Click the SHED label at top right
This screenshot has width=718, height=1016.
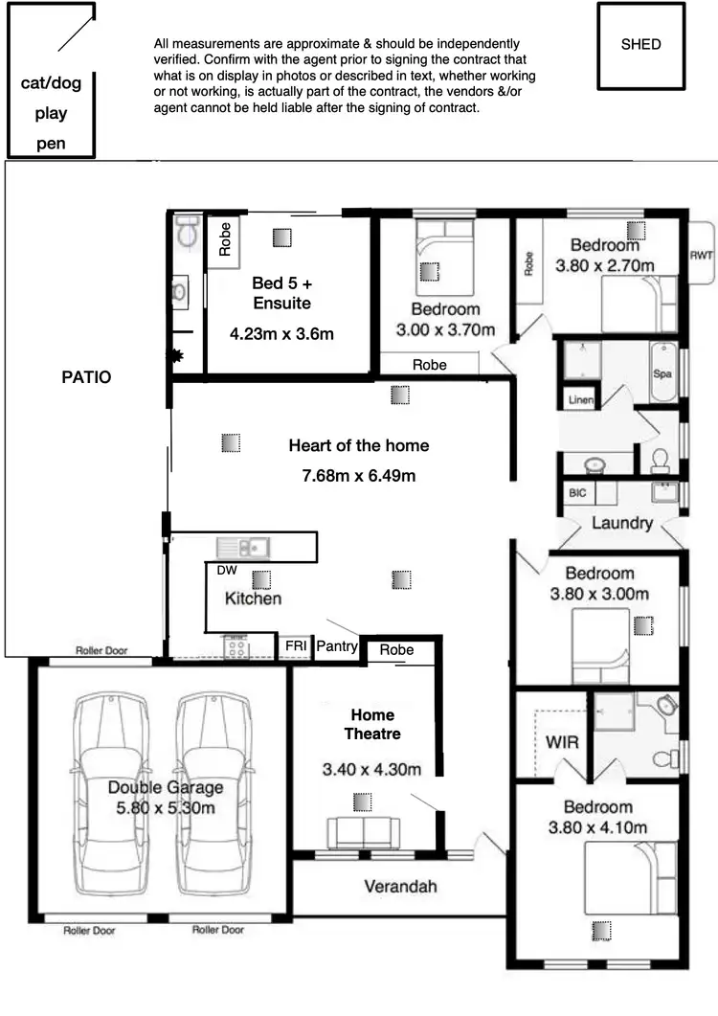coord(640,44)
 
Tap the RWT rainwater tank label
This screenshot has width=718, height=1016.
coord(701,255)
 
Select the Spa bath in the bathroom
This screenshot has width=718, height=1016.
coord(662,373)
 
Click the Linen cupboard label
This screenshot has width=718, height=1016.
coord(580,400)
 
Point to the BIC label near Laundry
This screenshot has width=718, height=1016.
coord(577,492)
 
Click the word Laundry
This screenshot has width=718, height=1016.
coord(622,523)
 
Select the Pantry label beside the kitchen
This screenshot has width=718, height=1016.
coord(337,647)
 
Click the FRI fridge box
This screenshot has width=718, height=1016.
coord(295,647)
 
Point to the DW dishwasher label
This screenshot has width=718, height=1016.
coord(226,569)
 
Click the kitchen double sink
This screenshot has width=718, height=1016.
coord(243,548)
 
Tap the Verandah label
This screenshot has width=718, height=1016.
coord(400,886)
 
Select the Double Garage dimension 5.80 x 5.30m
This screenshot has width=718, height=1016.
coord(165,807)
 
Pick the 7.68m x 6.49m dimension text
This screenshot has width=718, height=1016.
coord(359,475)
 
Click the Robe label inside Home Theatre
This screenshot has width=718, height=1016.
coord(396,650)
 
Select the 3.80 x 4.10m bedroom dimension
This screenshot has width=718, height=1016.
coord(598,827)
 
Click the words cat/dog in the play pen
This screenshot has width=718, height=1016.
coord(52,83)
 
